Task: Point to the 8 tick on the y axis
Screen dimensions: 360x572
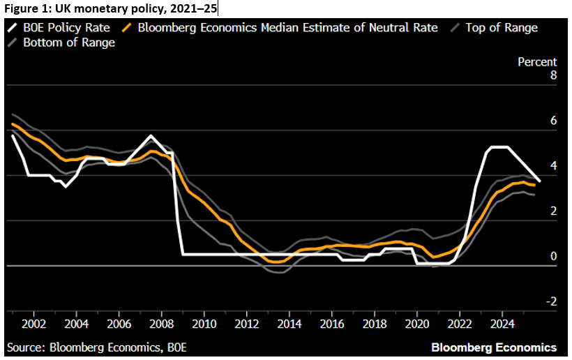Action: [x=553, y=76]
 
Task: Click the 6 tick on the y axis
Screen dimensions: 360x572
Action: [x=553, y=121]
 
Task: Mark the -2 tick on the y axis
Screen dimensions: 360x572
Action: [x=551, y=302]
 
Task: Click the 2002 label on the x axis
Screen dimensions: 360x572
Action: [x=33, y=324]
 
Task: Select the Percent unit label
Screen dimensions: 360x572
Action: [x=536, y=62]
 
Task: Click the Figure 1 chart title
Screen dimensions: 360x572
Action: [x=109, y=8]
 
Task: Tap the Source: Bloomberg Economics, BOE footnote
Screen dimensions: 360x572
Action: [x=97, y=347]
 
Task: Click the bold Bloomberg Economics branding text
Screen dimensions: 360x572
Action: [x=494, y=347]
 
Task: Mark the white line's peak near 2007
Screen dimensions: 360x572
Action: [x=151, y=135]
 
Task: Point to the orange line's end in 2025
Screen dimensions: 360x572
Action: [x=534, y=185]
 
